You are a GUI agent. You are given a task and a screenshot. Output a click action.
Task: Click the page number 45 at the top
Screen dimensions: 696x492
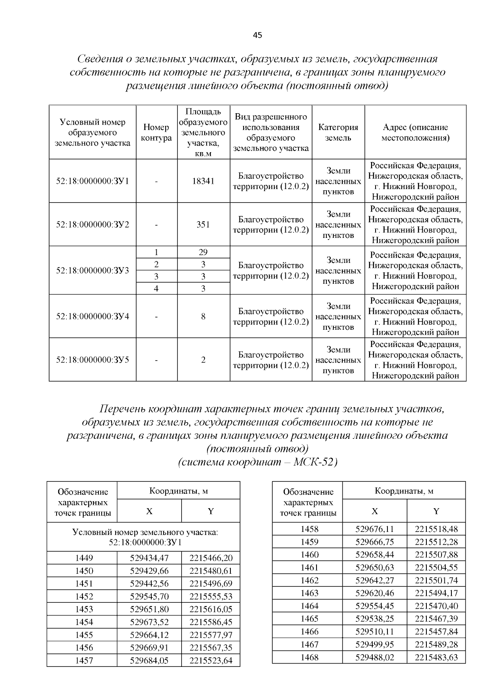point(257,35)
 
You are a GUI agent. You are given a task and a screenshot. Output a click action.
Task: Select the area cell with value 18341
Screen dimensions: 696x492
point(203,181)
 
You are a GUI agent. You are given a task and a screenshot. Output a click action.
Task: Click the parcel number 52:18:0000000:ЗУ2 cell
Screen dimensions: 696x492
point(93,225)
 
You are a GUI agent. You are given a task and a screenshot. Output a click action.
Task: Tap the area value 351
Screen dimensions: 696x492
point(203,225)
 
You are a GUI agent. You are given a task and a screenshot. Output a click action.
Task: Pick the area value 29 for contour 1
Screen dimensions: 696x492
point(203,252)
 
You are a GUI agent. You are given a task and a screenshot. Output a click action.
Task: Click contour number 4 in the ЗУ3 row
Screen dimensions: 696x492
point(156,289)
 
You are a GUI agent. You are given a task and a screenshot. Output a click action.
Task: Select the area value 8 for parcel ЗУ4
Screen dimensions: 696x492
point(203,317)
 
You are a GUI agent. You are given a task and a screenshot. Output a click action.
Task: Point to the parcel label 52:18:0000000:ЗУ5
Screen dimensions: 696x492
point(93,360)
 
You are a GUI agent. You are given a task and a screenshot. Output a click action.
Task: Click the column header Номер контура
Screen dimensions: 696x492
point(156,133)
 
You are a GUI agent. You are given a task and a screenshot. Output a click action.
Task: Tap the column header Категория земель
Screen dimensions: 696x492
point(338,132)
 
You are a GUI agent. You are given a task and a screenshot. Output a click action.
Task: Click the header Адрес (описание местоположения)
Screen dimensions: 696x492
point(415,132)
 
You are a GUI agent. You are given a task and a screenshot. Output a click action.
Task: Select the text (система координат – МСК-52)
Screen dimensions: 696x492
point(257,462)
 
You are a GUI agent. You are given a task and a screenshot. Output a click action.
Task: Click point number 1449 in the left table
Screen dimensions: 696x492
point(84,558)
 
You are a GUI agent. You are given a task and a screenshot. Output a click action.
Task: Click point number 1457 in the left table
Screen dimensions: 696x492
point(84,661)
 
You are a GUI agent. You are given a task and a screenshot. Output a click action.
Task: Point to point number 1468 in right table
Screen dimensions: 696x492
point(309,657)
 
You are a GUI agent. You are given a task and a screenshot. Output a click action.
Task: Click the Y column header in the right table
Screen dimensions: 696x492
point(436,511)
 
